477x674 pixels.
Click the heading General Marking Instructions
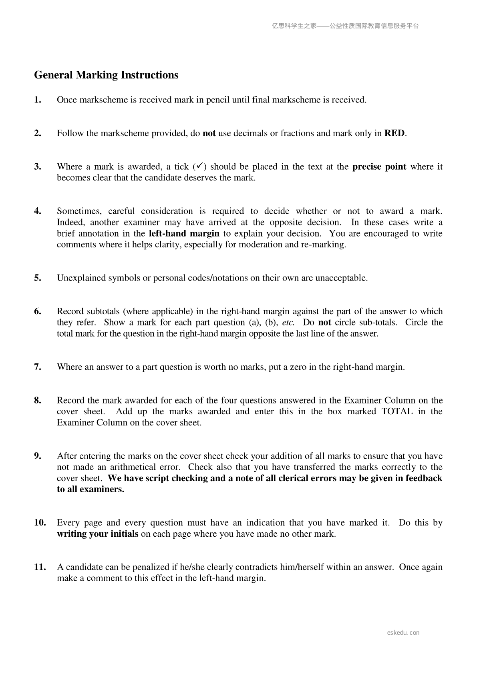click(x=106, y=75)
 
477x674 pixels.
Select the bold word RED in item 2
click(x=394, y=133)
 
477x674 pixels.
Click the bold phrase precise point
click(x=379, y=166)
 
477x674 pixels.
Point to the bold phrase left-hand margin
click(x=184, y=233)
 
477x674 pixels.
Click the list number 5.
click(x=38, y=278)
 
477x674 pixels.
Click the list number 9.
click(x=38, y=456)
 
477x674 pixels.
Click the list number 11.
click(x=40, y=567)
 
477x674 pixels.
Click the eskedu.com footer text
click(x=403, y=633)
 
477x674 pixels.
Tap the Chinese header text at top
click(x=345, y=26)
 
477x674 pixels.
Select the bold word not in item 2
click(x=209, y=133)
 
